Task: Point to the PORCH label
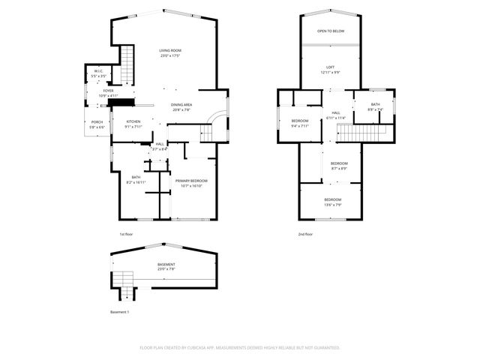(97, 122)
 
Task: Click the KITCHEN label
(133, 122)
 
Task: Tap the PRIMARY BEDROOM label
(191, 181)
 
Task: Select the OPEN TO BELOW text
(330, 31)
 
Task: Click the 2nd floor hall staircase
(363, 133)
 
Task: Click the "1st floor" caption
(127, 234)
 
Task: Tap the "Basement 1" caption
(120, 311)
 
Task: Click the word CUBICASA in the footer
(205, 348)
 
